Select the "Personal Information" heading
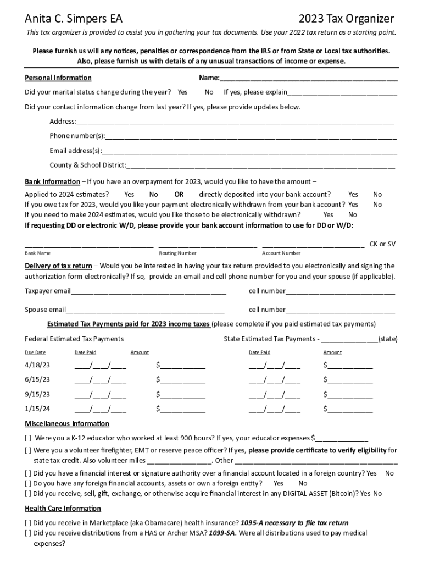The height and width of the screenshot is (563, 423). coord(58,78)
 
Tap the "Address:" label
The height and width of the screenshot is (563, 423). coord(63,122)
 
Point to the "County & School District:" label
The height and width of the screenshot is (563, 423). coord(88,165)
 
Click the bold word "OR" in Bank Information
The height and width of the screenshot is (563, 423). coord(179,194)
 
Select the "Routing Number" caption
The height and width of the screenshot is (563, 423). coord(177,253)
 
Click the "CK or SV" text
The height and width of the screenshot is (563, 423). coord(382,244)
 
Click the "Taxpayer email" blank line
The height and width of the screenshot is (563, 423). coord(148,291)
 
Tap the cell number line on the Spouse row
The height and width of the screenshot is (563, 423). coord(340,310)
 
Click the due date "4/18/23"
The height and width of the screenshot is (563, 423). coord(37,365)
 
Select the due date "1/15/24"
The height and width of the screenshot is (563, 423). coord(37,409)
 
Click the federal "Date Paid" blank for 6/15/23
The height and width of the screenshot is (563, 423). coord(100,379)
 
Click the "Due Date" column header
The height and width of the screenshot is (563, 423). coord(36,352)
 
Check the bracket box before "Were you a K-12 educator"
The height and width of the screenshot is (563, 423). coord(28,438)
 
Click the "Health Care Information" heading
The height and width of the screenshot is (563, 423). coord(63,508)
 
